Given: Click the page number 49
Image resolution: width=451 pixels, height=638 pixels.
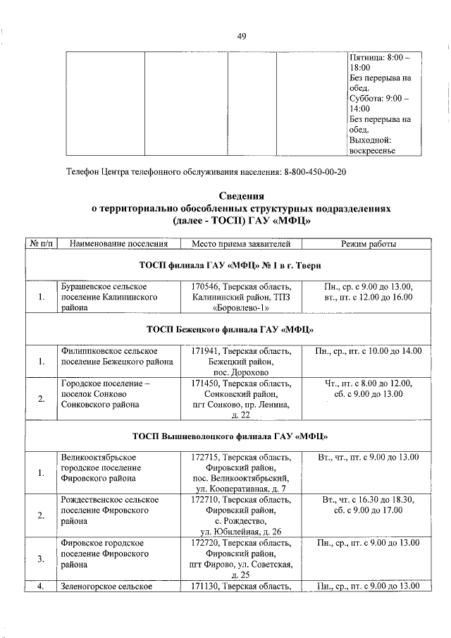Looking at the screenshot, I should pos(241,37).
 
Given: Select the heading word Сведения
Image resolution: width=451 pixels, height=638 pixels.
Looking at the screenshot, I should pos(241,196).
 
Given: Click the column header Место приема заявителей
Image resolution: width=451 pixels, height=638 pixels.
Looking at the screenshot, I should pos(240,244).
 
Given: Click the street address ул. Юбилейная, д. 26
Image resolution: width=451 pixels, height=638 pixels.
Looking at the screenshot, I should pos(240,532).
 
